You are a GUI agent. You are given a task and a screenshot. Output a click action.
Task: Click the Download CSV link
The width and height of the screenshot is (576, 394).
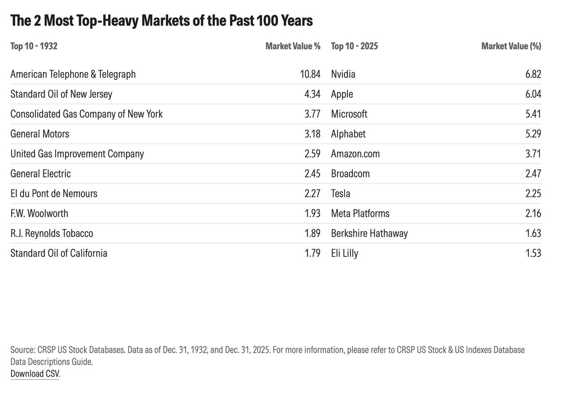pos(35,374)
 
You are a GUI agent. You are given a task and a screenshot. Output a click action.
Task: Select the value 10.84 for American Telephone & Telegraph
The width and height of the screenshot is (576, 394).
pos(307,74)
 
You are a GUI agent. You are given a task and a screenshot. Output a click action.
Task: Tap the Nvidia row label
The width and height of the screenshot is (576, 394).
pos(343,74)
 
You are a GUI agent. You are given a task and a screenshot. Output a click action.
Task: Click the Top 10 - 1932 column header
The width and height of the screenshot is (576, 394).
pos(34,47)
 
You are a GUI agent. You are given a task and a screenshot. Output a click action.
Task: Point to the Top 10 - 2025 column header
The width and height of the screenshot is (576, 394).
pos(354,47)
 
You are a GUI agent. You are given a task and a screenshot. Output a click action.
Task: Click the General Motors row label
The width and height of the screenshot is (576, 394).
pos(40,134)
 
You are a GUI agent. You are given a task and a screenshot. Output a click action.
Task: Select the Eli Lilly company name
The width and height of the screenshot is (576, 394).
pos(345,253)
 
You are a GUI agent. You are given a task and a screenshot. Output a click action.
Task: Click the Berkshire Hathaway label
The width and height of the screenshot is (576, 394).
pos(369,234)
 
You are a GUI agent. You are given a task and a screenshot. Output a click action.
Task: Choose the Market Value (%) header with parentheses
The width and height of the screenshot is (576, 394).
pos(511,47)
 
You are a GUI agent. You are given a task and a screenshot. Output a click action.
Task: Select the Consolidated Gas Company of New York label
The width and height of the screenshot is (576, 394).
pos(86,114)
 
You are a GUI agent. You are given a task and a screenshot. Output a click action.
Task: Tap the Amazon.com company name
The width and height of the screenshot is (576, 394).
pos(355,154)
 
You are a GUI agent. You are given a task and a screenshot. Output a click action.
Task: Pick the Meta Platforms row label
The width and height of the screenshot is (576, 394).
pos(360,214)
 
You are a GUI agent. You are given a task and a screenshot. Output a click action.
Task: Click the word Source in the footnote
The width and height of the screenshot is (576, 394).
pos(22,350)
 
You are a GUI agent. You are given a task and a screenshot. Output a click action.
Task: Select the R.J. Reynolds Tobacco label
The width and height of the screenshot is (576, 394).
pos(52,234)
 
